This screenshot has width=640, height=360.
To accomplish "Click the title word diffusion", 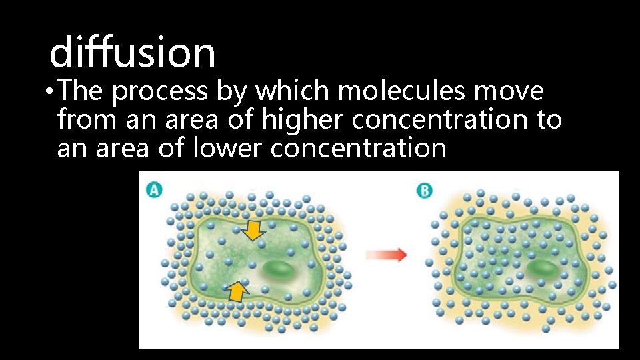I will point(133,52).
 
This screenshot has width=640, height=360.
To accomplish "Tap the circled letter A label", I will point(154,189).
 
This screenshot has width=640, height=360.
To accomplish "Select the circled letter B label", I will point(425,190).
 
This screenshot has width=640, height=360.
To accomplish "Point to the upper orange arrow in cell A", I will point(253,230).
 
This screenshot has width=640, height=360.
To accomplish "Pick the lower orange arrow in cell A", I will point(236,290).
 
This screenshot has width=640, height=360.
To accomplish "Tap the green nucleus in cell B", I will point(545,268).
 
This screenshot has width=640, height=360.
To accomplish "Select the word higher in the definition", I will point(303,120).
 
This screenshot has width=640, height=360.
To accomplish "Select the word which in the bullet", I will point(287,91).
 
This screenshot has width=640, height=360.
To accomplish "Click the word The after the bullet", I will point(82,91).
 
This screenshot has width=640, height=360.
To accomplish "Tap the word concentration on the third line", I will point(358,148).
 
